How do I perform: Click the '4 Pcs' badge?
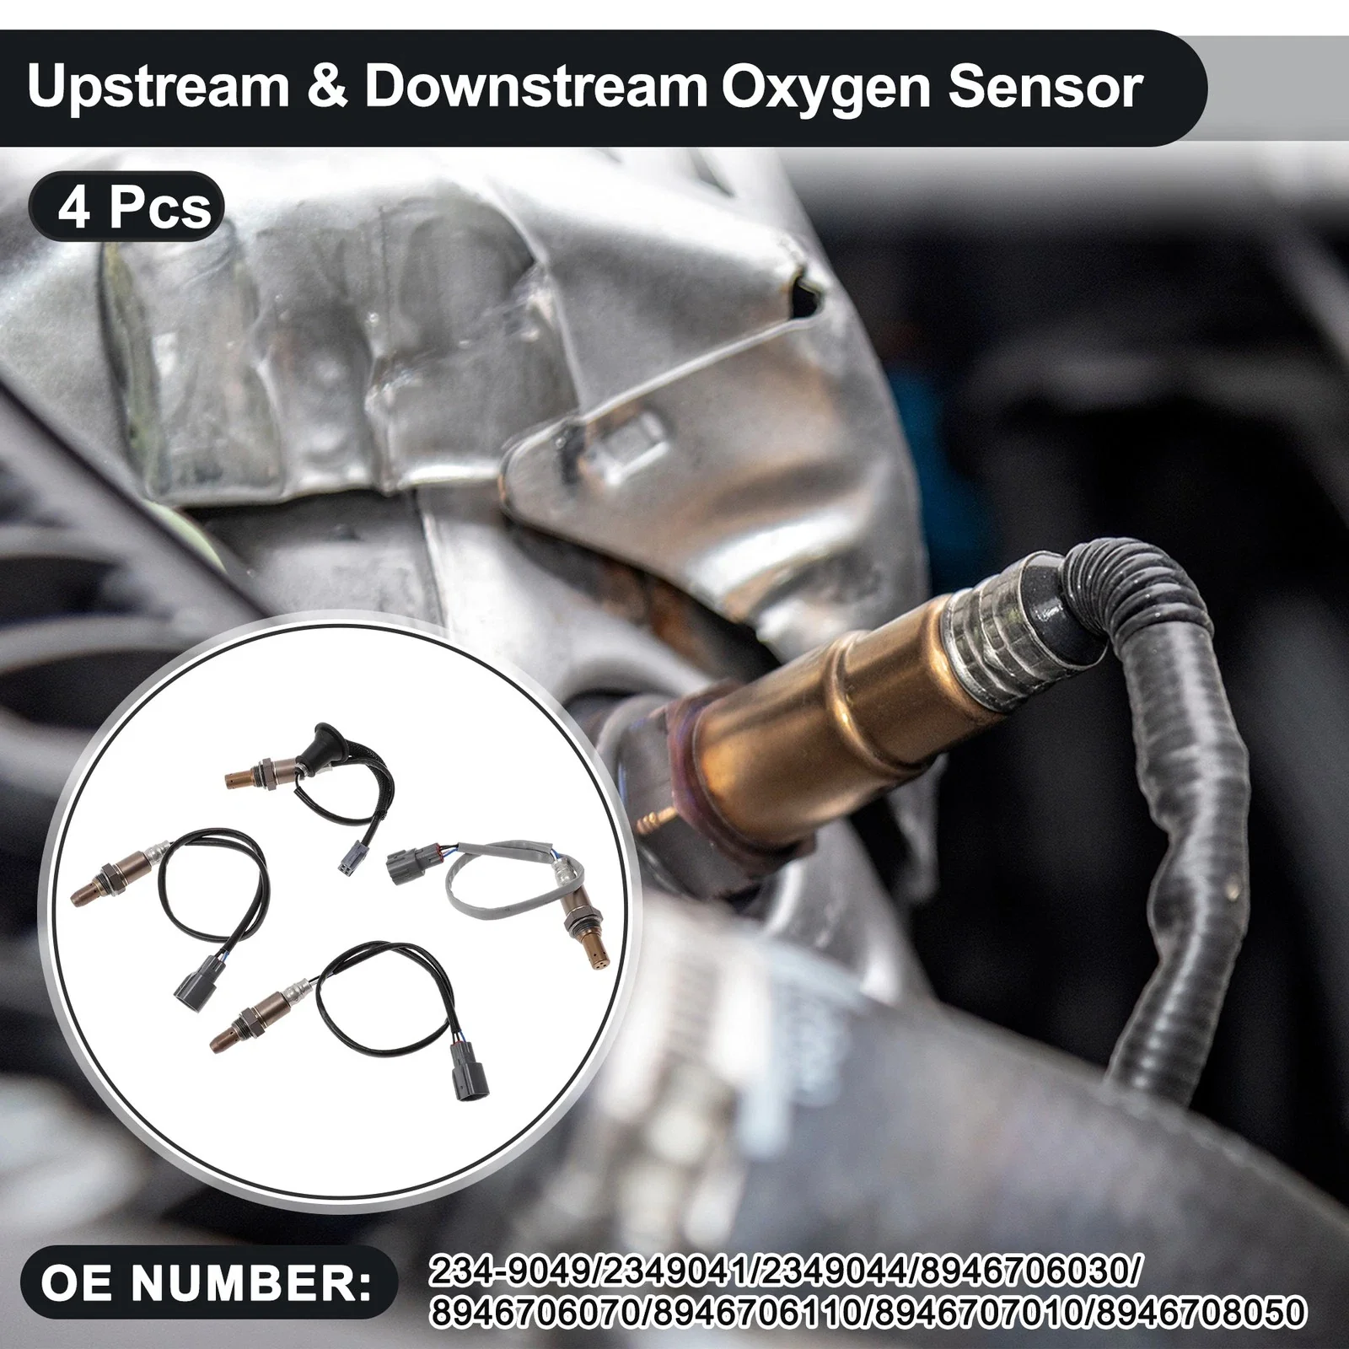(127, 207)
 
